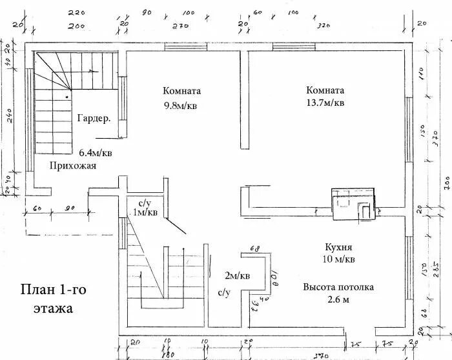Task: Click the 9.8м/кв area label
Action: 180,106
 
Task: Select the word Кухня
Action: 339,247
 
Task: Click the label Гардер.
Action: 94,119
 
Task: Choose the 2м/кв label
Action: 237,276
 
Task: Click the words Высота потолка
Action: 338,287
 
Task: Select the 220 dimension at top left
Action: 76,13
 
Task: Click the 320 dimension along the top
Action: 324,26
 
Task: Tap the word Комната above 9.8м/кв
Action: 181,92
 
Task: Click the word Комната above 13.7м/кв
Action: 325,90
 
